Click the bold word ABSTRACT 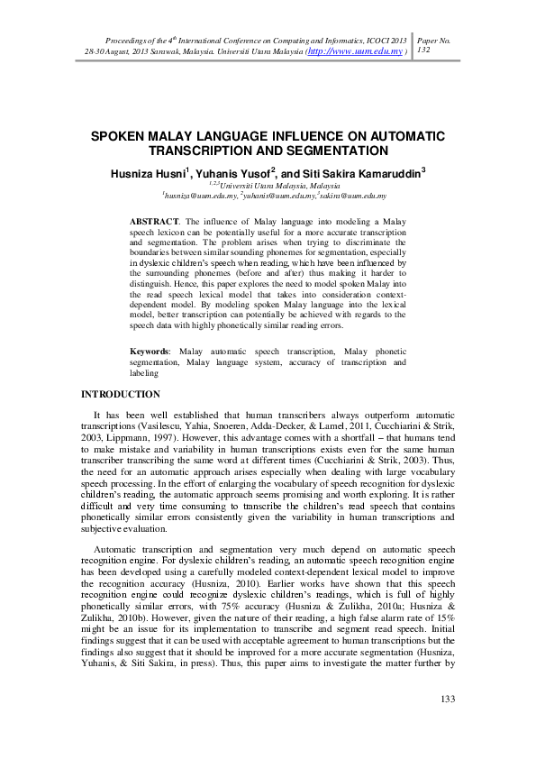(154, 221)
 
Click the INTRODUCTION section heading (120, 394)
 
